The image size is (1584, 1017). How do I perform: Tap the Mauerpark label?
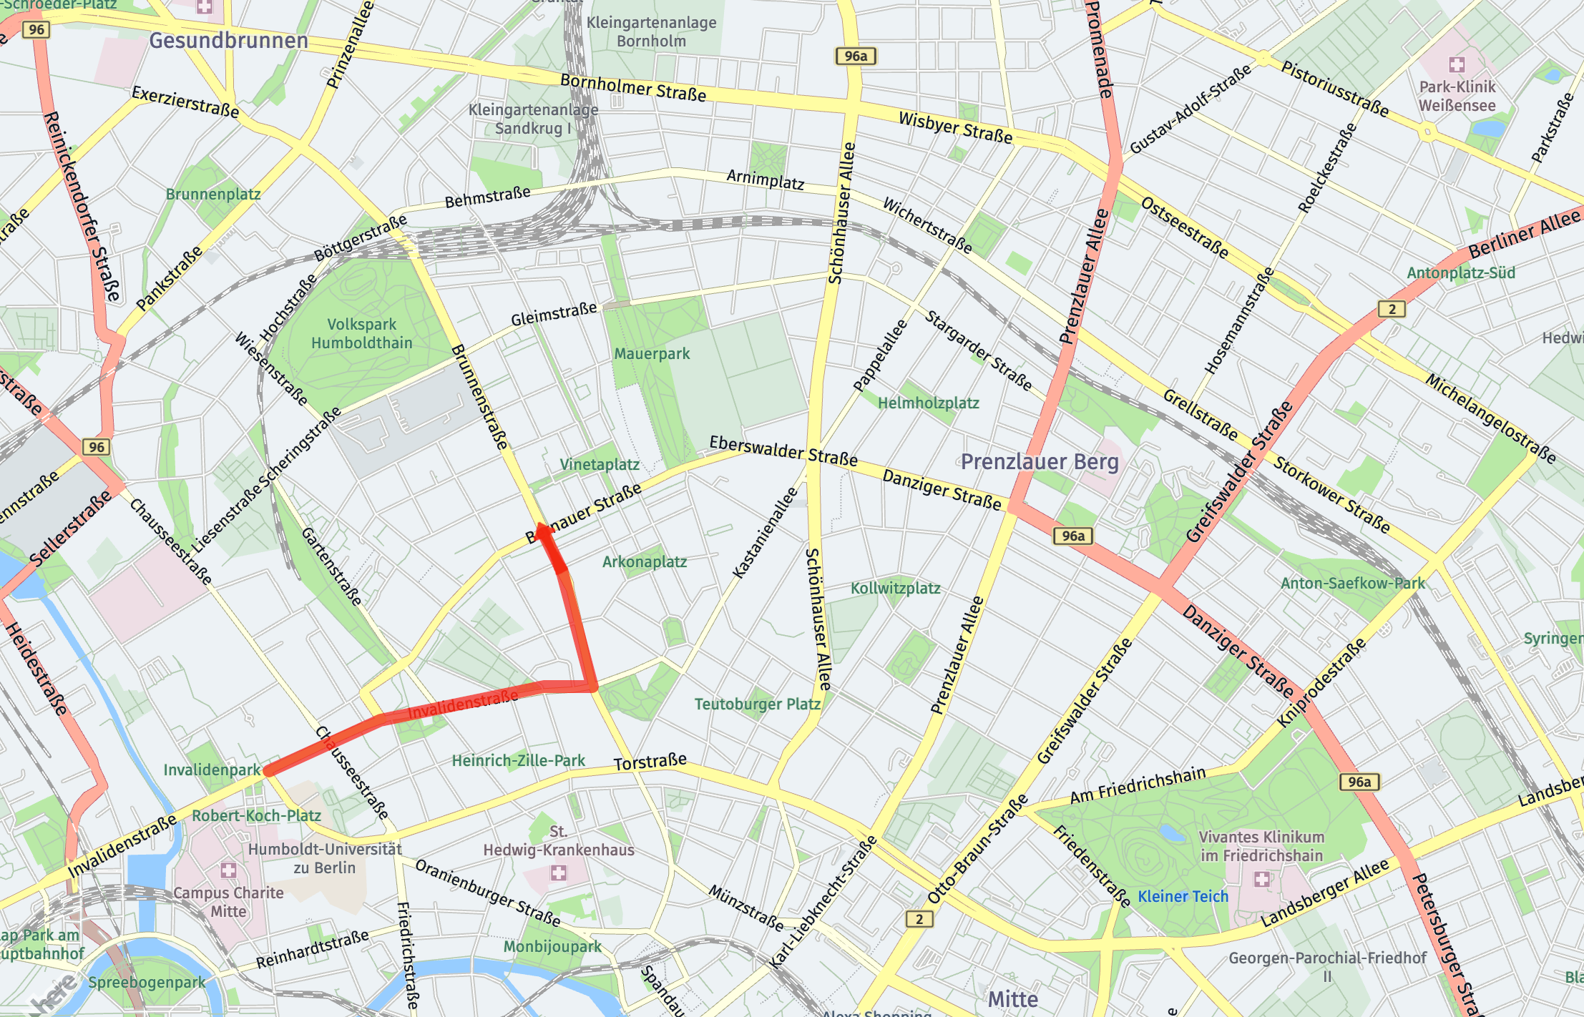[652, 353]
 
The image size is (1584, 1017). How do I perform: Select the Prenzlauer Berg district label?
[1039, 462]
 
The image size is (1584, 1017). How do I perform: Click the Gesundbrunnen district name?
[228, 41]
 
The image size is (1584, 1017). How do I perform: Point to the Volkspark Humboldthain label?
[361, 334]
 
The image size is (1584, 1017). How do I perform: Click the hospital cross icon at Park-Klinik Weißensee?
[1457, 65]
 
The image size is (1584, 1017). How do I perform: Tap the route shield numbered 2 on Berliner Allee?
[1392, 309]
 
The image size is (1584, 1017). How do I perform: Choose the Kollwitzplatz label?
[895, 589]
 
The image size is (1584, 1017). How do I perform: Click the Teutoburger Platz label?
[758, 704]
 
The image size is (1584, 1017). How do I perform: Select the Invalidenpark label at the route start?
[212, 770]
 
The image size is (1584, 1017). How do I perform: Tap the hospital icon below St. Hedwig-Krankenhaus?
[558, 873]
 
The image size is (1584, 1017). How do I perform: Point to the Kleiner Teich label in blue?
[1183, 896]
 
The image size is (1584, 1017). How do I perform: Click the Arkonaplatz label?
[644, 561]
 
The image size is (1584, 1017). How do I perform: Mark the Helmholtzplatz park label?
[928, 403]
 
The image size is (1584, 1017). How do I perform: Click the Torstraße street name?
[650, 762]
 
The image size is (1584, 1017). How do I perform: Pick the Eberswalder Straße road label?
[783, 452]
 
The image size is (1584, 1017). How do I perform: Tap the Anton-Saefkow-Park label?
[1352, 583]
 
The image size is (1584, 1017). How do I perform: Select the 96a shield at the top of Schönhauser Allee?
[855, 56]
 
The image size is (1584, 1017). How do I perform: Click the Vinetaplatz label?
[600, 464]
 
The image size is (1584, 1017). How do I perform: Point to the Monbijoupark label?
[552, 946]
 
